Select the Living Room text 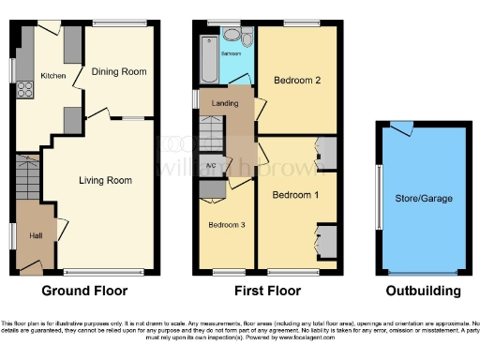click(105, 180)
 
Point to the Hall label click(36, 235)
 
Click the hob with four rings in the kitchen click(22, 92)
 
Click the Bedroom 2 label click(297, 81)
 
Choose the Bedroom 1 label click(294, 195)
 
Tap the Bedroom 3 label click(227, 225)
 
